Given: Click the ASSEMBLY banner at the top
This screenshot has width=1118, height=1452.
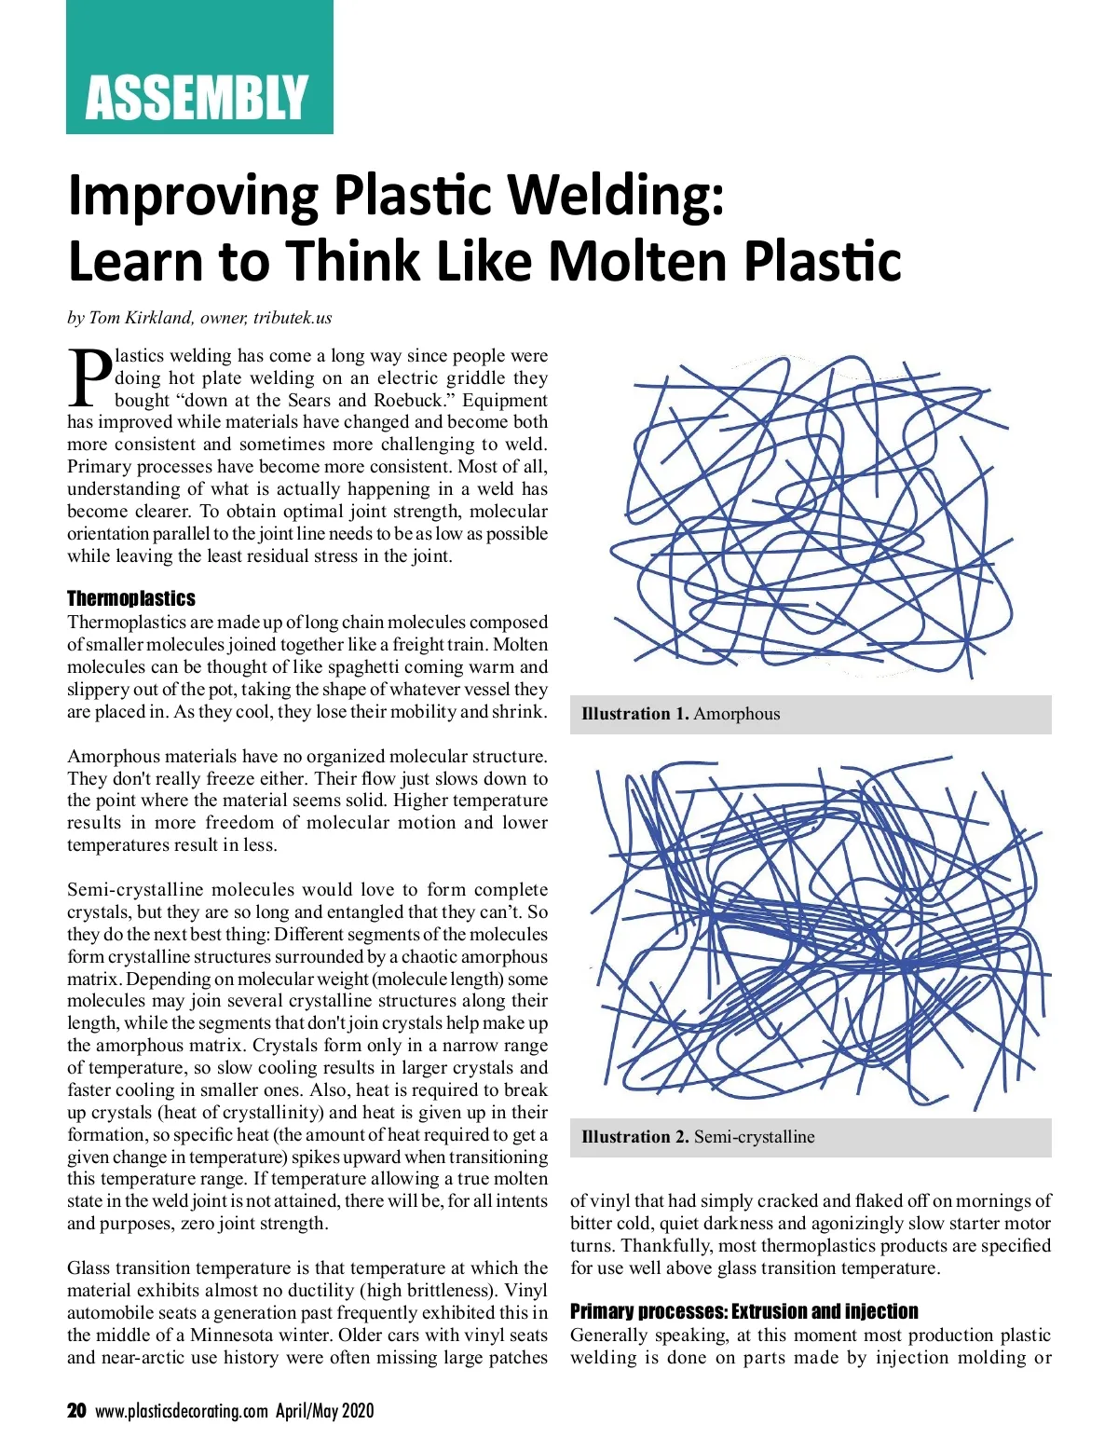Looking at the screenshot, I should pyautogui.click(x=198, y=97).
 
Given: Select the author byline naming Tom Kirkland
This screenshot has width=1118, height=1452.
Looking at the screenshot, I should pyautogui.click(x=199, y=318).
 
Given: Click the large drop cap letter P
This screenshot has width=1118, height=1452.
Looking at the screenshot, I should pyautogui.click(x=89, y=377).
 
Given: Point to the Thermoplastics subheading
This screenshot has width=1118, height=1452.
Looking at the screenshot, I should pyautogui.click(x=131, y=598).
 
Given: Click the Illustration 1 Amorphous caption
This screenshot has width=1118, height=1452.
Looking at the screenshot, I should pyautogui.click(x=681, y=714).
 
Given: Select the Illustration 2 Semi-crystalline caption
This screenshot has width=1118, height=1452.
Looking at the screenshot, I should pyautogui.click(x=698, y=1137).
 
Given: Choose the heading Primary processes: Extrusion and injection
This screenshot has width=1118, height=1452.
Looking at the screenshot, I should pyautogui.click(x=743, y=1311).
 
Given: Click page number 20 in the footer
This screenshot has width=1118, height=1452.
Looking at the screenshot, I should pyautogui.click(x=76, y=1410).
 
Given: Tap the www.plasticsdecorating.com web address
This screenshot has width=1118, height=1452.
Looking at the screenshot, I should pyautogui.click(x=182, y=1410).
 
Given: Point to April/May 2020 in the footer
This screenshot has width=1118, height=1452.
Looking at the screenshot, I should pyautogui.click(x=324, y=1410).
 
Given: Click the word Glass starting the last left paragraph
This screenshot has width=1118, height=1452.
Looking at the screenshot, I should pyautogui.click(x=89, y=1268).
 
